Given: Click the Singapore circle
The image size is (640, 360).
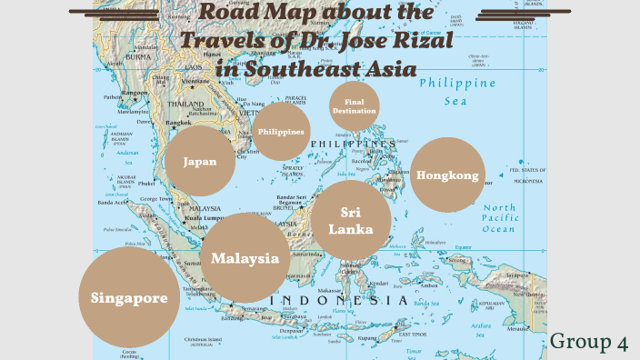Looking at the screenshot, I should pos(128,298).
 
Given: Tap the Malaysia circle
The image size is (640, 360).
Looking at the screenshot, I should pos(245,258).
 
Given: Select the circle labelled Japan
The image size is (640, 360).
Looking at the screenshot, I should pos(200,162).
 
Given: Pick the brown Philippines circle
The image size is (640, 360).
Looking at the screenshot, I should pos(280,131).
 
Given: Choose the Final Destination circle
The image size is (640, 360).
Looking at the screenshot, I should pos(354,106).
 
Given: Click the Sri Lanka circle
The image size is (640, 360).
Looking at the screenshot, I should pos(351,220).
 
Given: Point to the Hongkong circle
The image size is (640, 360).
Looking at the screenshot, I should pos(446,175).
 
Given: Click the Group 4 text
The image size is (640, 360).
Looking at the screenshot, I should pos(589,342).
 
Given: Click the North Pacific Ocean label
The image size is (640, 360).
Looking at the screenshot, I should pos(499,218).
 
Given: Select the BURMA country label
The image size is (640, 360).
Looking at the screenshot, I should pos(139,56).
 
